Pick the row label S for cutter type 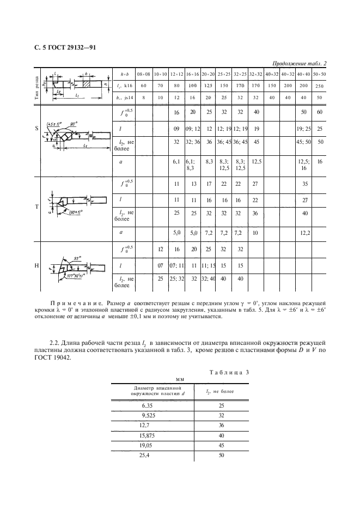36,129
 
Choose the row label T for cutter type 36,207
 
